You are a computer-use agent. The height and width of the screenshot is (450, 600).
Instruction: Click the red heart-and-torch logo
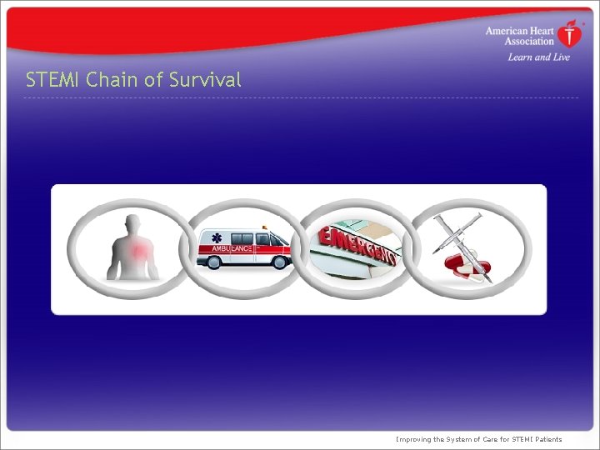(x=570, y=34)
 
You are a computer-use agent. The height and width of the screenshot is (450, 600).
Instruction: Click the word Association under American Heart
(x=529, y=41)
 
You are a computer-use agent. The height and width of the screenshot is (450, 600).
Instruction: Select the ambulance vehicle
(x=244, y=247)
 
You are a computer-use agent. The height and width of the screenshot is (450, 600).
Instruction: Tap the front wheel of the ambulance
(x=277, y=262)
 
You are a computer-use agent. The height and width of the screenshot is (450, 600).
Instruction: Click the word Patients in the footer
(x=545, y=439)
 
